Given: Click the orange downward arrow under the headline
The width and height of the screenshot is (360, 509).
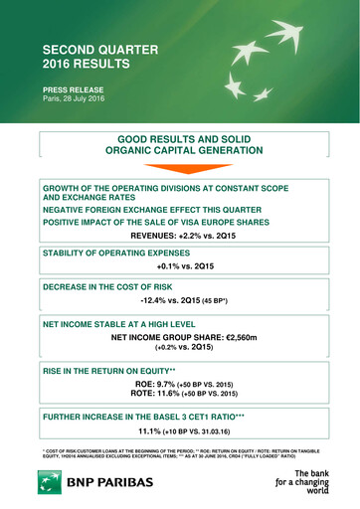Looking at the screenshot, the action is [x=180, y=168].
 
